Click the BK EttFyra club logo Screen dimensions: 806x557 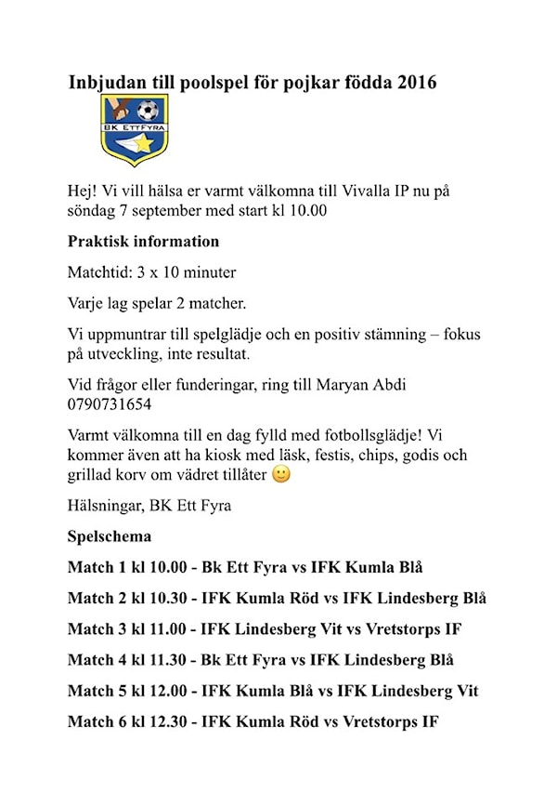[135, 130]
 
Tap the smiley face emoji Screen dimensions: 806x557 [281, 474]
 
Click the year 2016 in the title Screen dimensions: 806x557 [415, 83]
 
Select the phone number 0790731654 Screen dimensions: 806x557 [110, 404]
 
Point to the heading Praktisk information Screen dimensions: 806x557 [143, 242]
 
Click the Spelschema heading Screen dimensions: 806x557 [110, 536]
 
